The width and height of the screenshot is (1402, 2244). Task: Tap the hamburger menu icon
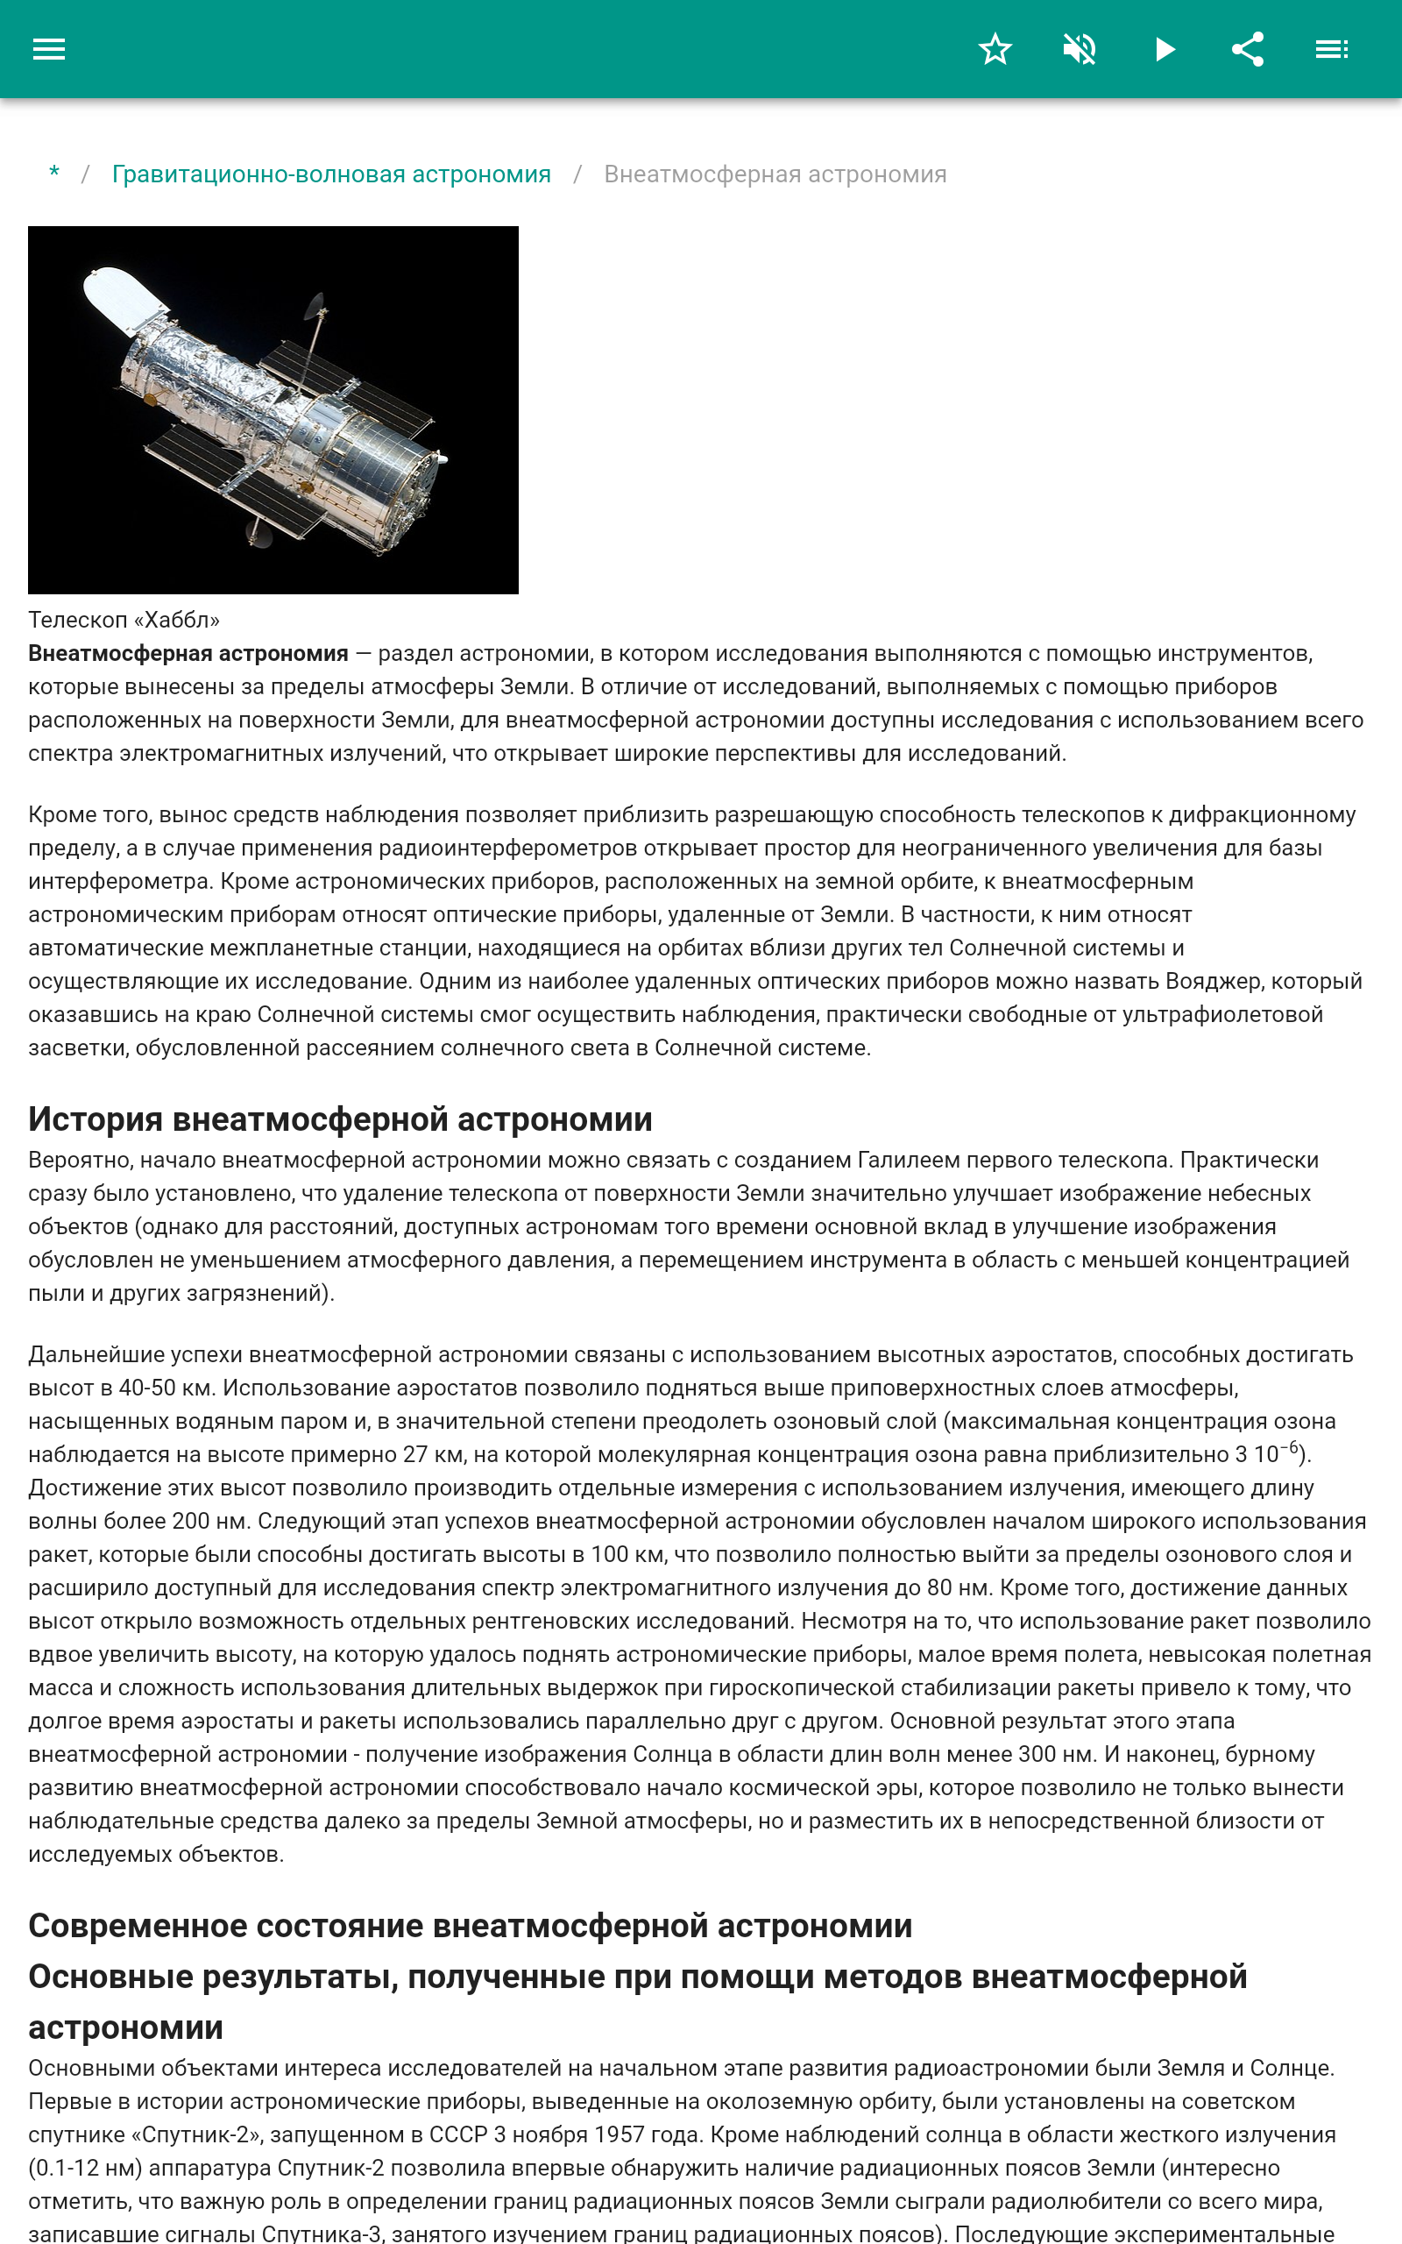(49, 49)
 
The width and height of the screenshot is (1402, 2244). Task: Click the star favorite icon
(995, 49)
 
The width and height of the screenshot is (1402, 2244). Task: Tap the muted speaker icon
(1080, 49)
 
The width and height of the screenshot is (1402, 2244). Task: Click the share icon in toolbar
(1248, 49)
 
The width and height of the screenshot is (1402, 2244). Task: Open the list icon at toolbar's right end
(1332, 49)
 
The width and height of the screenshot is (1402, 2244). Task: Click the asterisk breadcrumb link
(54, 174)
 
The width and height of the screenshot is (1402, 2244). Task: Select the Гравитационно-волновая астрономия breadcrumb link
(331, 174)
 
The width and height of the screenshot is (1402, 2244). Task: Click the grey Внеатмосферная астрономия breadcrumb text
(775, 174)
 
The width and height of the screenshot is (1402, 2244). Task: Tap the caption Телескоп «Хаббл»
(124, 620)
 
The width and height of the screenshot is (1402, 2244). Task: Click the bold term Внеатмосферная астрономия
(188, 654)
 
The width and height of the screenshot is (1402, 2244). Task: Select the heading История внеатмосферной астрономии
(339, 1119)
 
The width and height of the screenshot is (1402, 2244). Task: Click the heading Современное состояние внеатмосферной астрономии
(471, 1926)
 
